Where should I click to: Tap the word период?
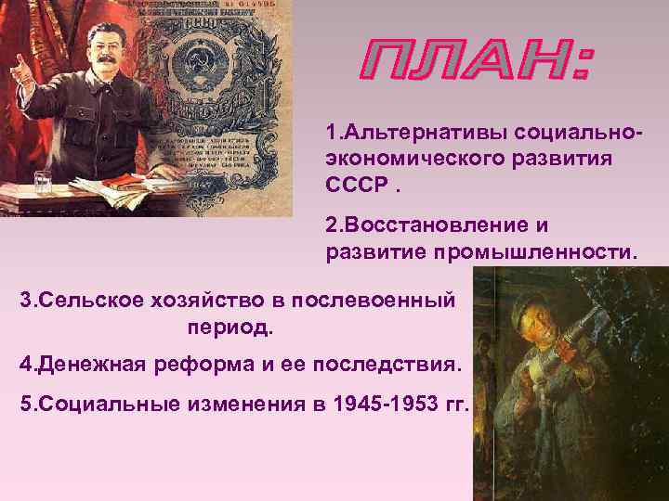click(x=230, y=328)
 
